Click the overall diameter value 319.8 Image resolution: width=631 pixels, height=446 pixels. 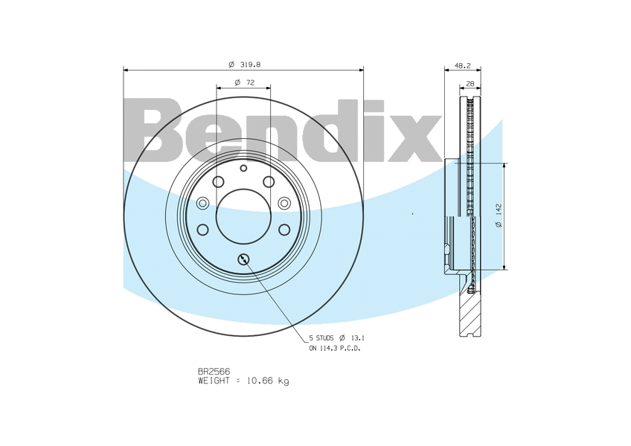click(x=250, y=65)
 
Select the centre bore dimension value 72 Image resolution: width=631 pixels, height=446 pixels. click(x=250, y=83)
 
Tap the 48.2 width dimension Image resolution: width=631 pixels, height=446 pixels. click(x=462, y=66)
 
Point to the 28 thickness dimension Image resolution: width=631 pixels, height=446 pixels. click(x=470, y=84)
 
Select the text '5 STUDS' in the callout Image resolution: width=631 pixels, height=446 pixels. click(x=321, y=338)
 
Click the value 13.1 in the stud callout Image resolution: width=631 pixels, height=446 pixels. click(x=358, y=338)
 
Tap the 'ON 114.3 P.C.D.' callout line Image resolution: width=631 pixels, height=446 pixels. click(x=335, y=349)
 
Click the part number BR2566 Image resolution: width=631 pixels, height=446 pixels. click(x=214, y=372)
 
